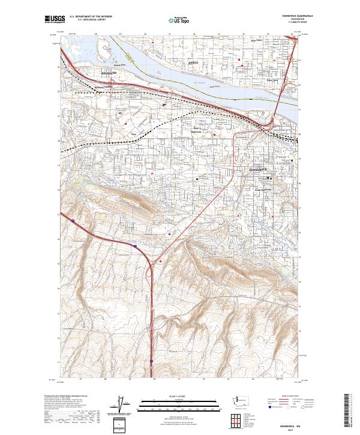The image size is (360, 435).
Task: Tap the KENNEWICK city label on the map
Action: pos(260,170)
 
